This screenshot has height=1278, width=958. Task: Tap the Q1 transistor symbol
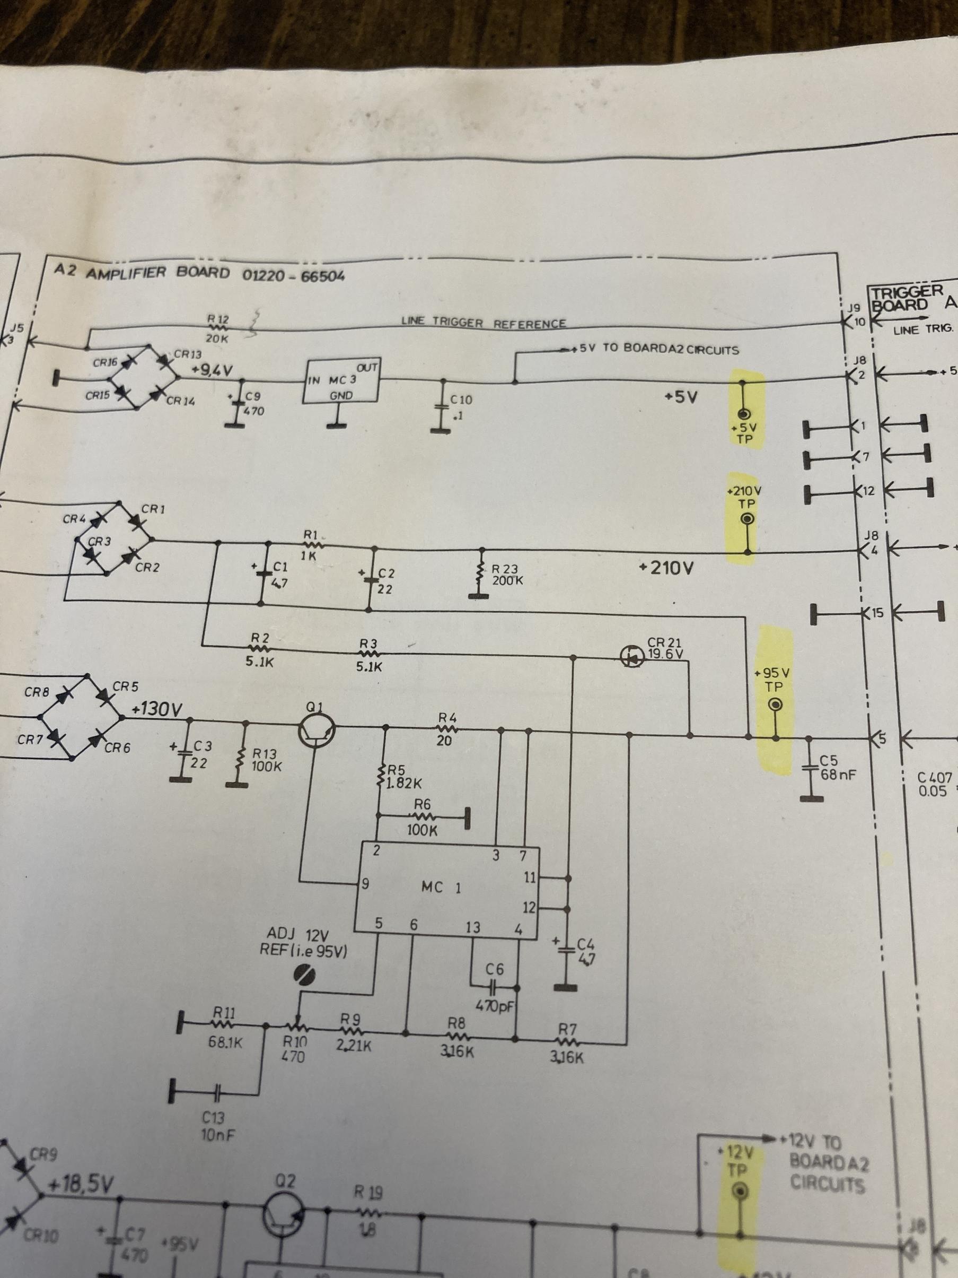(x=317, y=733)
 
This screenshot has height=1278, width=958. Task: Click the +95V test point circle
(x=776, y=705)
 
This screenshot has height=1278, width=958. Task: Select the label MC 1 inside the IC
(x=441, y=887)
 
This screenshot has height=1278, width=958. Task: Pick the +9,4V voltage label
(x=212, y=369)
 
